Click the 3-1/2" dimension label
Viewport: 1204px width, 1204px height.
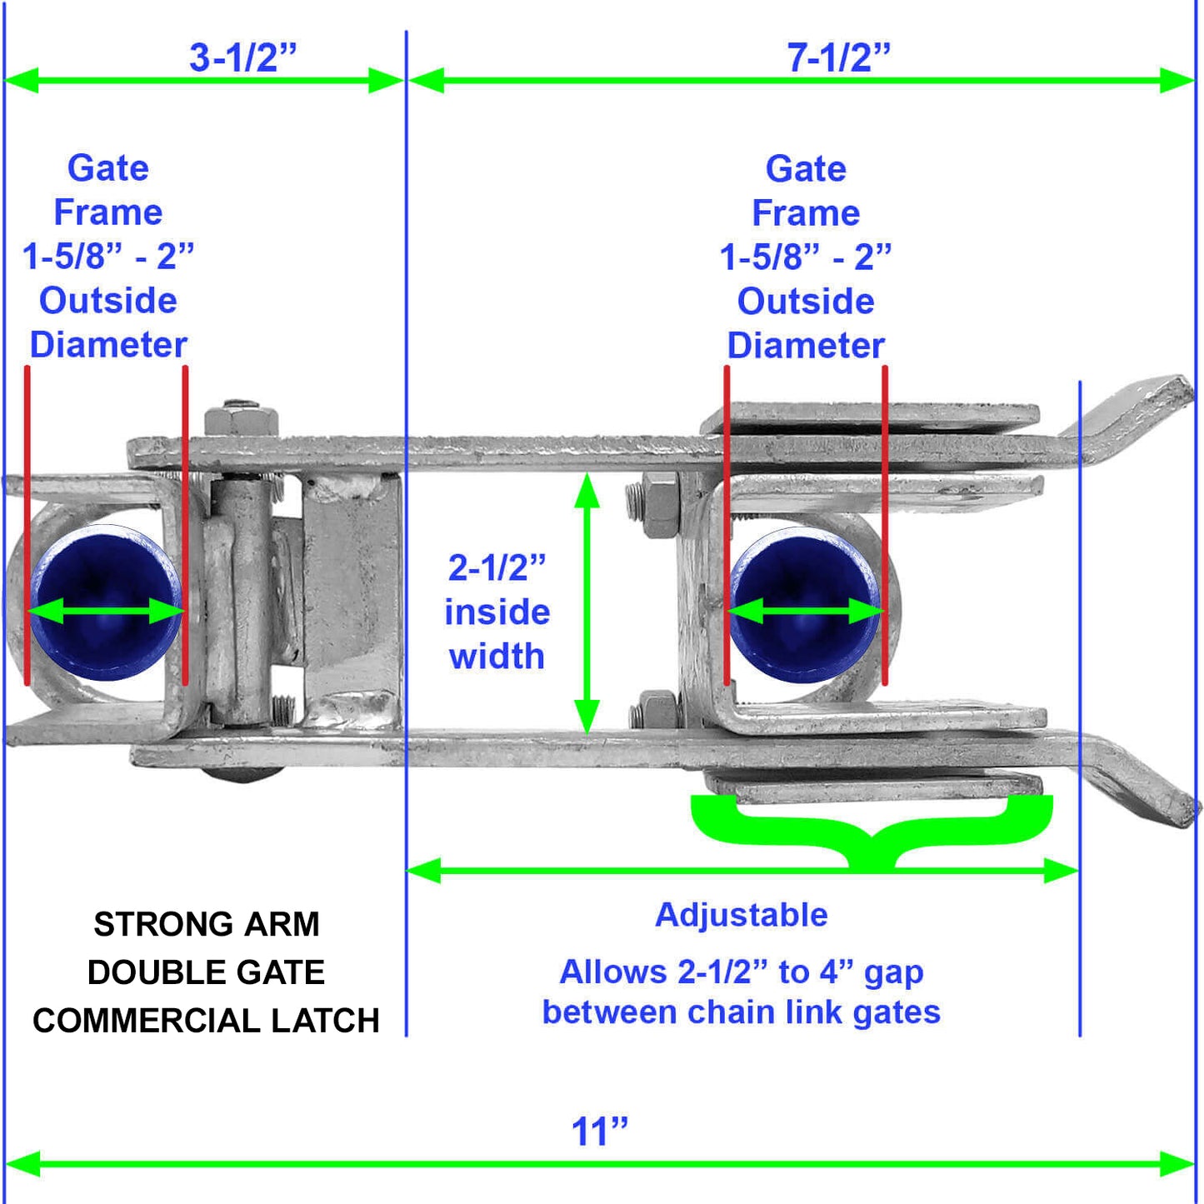pos(242,57)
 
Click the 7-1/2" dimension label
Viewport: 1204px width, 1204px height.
pos(838,57)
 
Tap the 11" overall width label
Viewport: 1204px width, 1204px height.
pos(599,1132)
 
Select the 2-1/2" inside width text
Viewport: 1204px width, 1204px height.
pos(497,612)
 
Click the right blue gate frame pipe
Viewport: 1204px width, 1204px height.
pos(804,604)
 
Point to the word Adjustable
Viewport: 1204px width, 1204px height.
pos(742,915)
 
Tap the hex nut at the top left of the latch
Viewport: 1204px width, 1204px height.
pos(241,417)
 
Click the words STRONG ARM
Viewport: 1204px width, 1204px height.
pos(207,924)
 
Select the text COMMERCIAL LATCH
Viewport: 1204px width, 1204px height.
pos(207,1021)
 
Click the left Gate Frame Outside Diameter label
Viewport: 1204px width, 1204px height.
pos(107,257)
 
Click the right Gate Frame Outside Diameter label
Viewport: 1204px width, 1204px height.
pos(806,257)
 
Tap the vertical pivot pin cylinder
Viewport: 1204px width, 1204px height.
pos(242,600)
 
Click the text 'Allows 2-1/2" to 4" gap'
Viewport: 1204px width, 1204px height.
pos(742,972)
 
